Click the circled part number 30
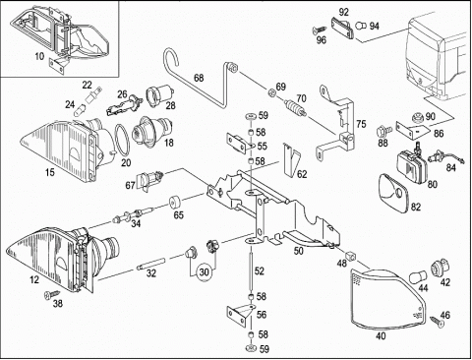click(x=204, y=272)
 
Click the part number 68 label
click(x=199, y=78)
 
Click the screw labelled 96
click(x=319, y=30)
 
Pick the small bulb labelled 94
click(x=361, y=26)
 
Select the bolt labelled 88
click(x=384, y=132)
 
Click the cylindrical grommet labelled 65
click(x=177, y=203)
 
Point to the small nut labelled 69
click(x=271, y=93)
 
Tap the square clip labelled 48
click(x=350, y=255)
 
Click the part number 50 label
click(x=298, y=251)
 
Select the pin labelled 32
click(x=149, y=264)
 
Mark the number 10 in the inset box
click(x=39, y=56)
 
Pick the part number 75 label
click(x=361, y=124)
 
